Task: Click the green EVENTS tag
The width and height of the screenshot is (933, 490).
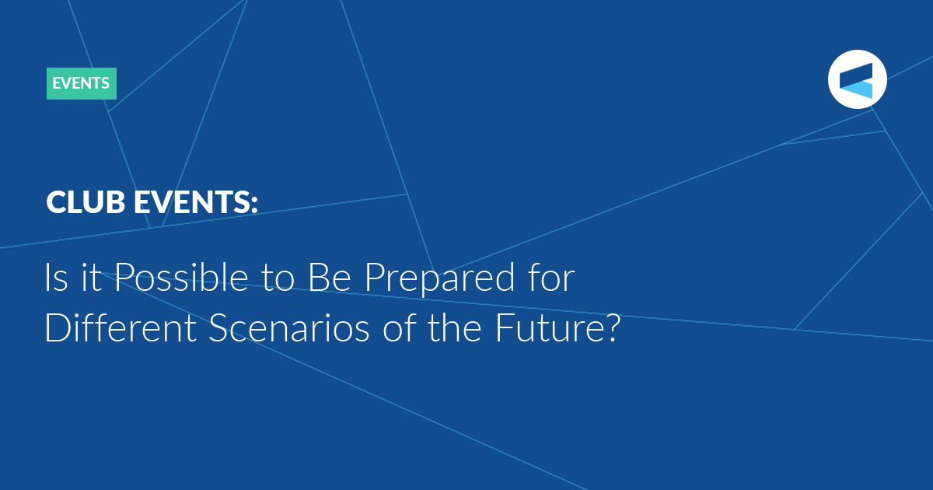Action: pos(81,83)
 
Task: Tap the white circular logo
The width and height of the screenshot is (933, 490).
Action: pos(857,79)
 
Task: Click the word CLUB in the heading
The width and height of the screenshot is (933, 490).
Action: pos(86,202)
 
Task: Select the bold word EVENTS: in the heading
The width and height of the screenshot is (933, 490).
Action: pos(196,202)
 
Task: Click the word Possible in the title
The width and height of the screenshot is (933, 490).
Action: pos(181,277)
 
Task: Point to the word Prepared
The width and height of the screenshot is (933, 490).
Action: pos(439,278)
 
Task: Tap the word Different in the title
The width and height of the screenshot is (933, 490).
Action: pos(121,327)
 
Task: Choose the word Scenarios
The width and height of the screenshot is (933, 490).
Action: pos(289,327)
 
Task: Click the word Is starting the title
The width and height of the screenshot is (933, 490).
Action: pos(56,277)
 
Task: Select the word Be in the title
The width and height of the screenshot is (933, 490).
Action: pos(329,277)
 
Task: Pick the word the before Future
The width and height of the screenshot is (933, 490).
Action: pos(456,327)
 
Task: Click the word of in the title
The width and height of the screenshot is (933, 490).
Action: pos(400,327)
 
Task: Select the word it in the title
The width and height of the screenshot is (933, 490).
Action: pos(91,277)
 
